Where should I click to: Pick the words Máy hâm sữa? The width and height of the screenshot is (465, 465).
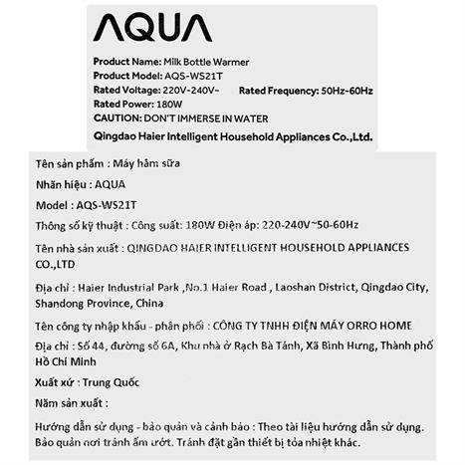[150, 163]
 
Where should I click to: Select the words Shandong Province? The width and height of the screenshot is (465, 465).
[83, 302]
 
